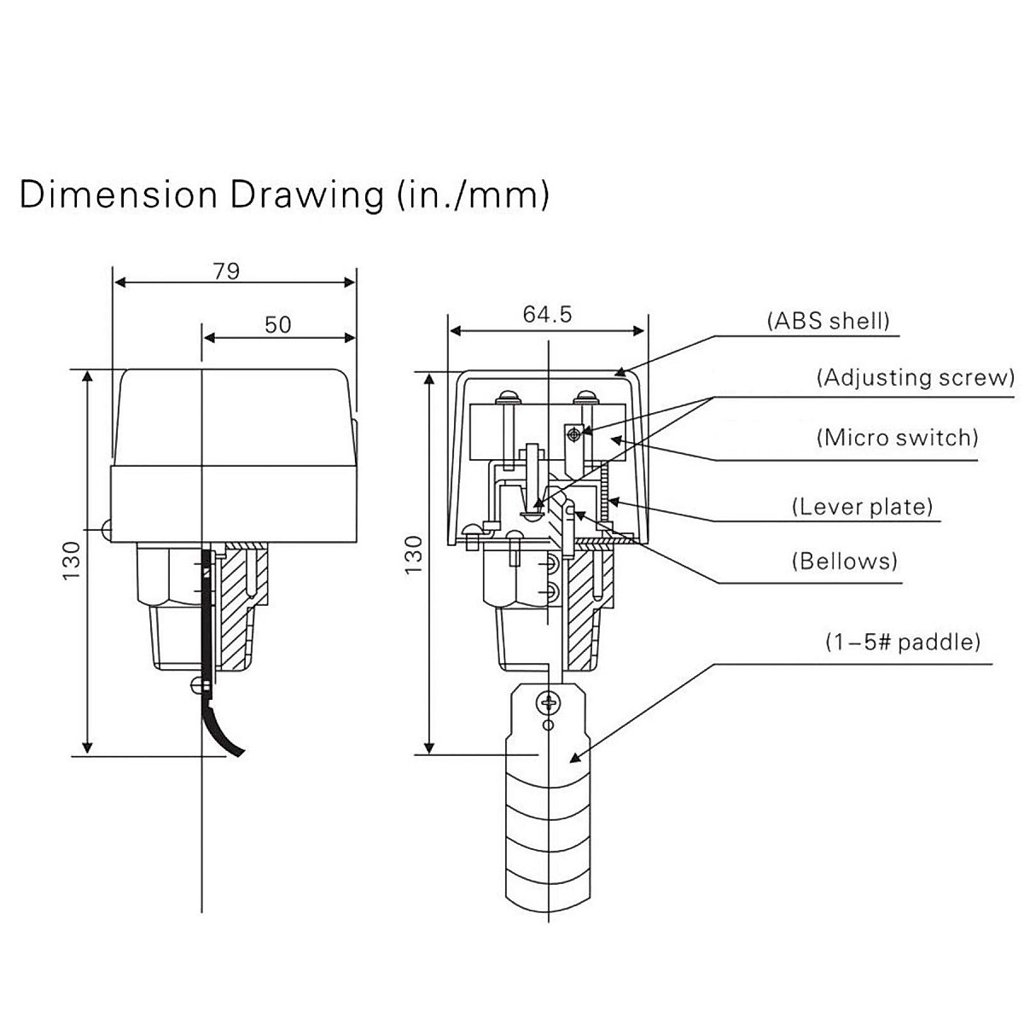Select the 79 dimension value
click(x=227, y=271)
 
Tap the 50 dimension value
click(x=277, y=324)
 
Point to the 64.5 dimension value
click(x=547, y=314)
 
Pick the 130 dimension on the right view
click(x=412, y=555)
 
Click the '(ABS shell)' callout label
click(x=828, y=321)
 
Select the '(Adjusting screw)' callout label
click(x=915, y=377)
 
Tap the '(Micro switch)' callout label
click(x=897, y=438)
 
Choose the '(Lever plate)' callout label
click(x=863, y=507)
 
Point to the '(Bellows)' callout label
click(x=845, y=561)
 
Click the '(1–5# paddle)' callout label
click(x=903, y=641)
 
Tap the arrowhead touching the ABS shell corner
click(x=623, y=372)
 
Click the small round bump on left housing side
click(x=107, y=530)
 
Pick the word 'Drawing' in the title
click(x=305, y=195)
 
